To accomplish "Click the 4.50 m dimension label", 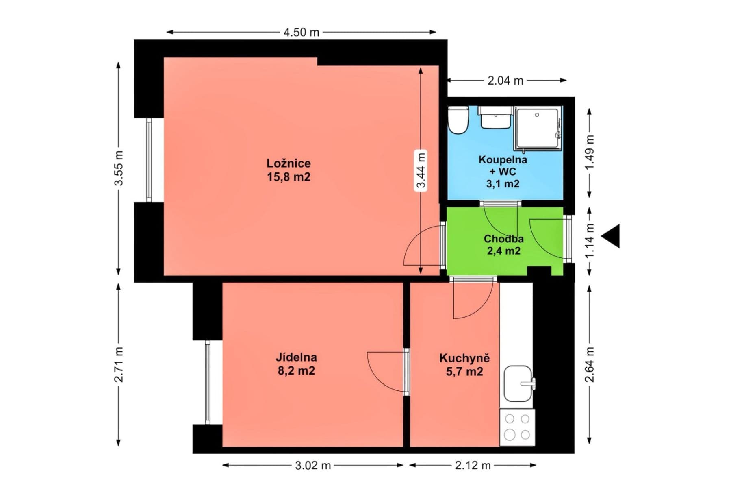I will coord(301,32).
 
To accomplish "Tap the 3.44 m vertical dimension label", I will coord(421,170).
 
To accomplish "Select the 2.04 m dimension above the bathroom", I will coord(505,81).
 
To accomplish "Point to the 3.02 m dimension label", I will coord(312,465).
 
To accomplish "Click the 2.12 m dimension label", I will coord(473,465).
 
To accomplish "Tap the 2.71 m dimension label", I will coord(119,364).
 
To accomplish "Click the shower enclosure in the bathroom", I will coord(537,128).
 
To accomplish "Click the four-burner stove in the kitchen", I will coord(517,427).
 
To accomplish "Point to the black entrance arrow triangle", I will coord(612,236).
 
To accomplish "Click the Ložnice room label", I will coord(288,163).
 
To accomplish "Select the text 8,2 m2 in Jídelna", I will coord(296,371).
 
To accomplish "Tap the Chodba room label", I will coord(503,239).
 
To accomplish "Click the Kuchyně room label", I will coord(464,358).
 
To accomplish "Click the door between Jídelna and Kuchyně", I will coord(406,371).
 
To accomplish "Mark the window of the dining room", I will coord(208,382).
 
